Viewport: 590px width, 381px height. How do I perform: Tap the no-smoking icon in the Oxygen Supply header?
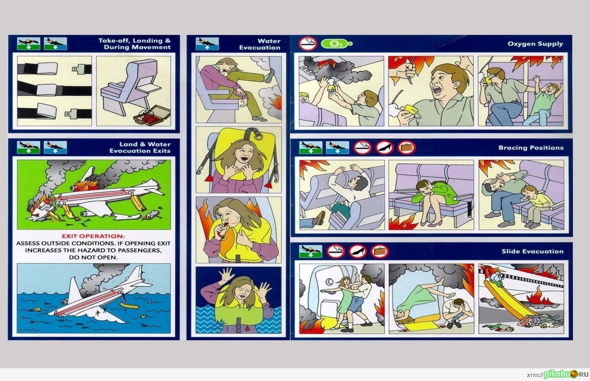pyautogui.click(x=308, y=44)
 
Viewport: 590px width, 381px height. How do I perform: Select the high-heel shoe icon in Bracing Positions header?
pyautogui.click(x=385, y=148)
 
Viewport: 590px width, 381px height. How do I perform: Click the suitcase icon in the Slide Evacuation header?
pyautogui.click(x=380, y=251)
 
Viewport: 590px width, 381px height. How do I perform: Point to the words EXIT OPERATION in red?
pyautogui.click(x=93, y=236)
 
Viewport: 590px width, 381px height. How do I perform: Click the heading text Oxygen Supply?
pyautogui.click(x=535, y=44)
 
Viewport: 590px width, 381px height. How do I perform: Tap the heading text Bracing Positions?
pyautogui.click(x=531, y=148)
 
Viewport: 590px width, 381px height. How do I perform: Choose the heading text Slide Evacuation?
pyautogui.click(x=532, y=251)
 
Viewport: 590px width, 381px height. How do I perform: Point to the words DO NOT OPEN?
pyautogui.click(x=93, y=257)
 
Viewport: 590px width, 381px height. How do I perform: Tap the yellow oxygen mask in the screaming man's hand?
pyautogui.click(x=410, y=111)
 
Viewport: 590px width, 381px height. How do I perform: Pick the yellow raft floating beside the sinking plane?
pyautogui.click(x=129, y=305)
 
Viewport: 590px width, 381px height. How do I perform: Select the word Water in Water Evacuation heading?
pyautogui.click(x=269, y=41)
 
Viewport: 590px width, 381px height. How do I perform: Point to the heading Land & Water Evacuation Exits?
pyautogui.click(x=140, y=147)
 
